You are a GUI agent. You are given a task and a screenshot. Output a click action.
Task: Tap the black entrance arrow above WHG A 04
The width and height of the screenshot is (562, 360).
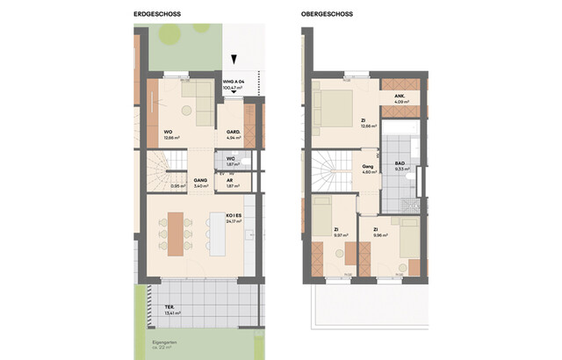pos(234,59)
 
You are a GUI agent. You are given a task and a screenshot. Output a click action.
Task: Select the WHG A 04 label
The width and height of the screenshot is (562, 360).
pos(232,80)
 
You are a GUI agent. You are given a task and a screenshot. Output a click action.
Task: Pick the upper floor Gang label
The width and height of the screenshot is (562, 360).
pos(369,165)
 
